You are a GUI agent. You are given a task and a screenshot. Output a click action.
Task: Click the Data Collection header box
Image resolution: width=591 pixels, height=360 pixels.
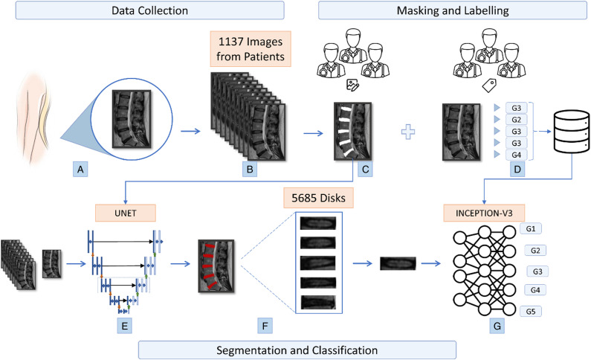coord(149,10)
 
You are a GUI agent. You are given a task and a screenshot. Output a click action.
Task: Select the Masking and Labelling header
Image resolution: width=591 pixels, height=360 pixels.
coord(452,10)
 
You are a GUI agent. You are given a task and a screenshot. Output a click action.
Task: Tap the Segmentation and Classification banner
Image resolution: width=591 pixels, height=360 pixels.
coord(297,350)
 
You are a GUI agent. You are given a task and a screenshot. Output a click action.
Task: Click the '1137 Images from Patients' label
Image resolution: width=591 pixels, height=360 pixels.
coord(251,49)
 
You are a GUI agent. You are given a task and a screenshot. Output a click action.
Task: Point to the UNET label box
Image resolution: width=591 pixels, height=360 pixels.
coord(125,213)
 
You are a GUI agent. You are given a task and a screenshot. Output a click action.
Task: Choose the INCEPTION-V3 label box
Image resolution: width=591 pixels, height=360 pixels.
coord(484,213)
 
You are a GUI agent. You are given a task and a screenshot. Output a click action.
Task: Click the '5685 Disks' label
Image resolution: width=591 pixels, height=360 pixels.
coord(318,198)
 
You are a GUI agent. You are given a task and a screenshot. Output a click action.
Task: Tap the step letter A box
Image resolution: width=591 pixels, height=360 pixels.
coord(80,170)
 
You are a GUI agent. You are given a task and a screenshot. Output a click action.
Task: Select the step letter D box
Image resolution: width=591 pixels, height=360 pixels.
coord(517,170)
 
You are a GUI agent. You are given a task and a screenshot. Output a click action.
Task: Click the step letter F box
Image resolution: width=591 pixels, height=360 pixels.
coord(265,326)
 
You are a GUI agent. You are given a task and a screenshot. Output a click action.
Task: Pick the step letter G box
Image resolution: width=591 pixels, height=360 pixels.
coord(497,326)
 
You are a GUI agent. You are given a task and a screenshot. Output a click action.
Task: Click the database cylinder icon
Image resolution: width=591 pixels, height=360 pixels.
coord(572,131)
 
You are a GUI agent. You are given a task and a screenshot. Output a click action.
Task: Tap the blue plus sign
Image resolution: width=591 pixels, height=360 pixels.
coord(408,132)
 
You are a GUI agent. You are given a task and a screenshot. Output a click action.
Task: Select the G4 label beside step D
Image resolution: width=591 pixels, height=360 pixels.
coord(517,155)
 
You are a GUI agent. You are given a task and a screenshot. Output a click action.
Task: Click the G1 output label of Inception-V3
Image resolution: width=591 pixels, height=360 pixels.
coord(531,228)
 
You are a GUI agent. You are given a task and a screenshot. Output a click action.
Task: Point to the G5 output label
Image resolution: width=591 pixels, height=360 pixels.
coord(531,312)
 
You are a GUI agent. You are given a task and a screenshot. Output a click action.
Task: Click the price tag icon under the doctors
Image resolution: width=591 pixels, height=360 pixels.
coord(489,86)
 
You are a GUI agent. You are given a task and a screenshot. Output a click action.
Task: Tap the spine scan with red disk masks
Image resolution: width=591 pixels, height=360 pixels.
coord(216,266)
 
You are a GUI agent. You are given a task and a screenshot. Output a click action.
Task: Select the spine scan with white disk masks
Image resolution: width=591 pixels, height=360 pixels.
coord(352,131)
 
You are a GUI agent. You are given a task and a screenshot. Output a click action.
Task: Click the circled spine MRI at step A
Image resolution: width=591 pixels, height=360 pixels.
coord(132,118)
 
